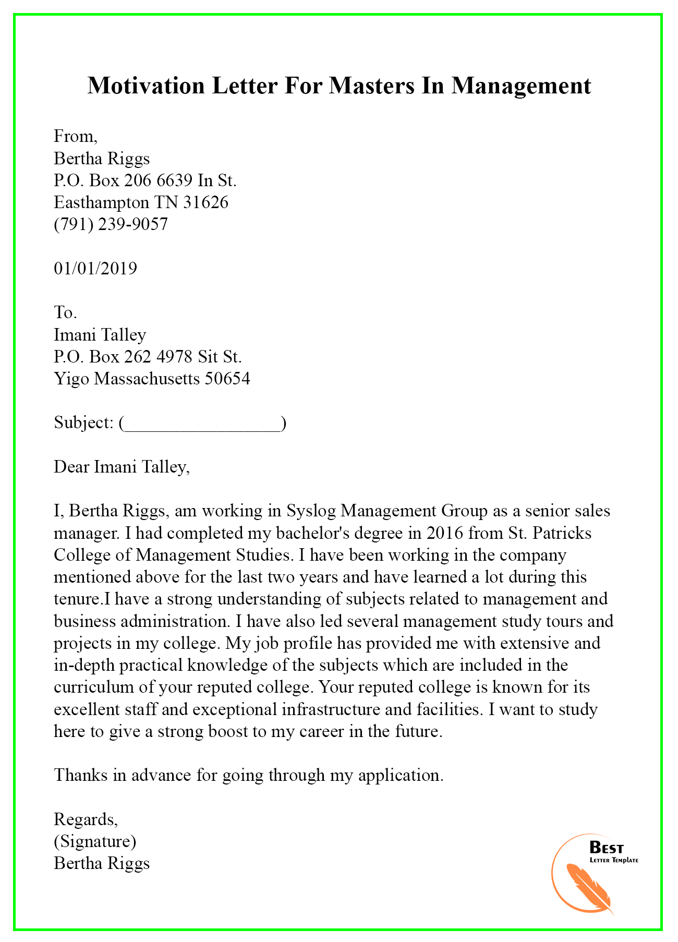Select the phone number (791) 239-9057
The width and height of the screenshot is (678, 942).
point(111,224)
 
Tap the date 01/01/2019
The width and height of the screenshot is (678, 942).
point(95,269)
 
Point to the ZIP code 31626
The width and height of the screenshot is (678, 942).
point(205,202)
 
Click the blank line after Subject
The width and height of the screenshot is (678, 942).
point(202,423)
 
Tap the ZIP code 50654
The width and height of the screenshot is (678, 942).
point(227,379)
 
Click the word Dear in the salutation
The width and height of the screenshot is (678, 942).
point(71,467)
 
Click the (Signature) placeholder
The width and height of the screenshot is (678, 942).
point(95,841)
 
